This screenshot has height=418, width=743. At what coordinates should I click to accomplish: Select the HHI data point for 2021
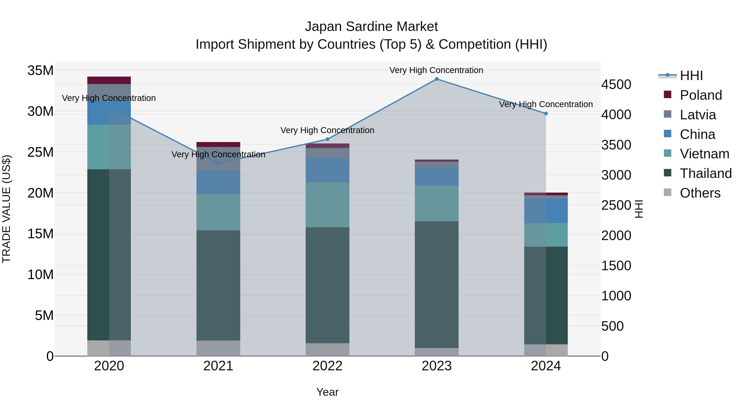218,163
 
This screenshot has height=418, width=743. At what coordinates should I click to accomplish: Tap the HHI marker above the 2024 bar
546,114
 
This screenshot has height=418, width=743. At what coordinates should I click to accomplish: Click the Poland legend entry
701,95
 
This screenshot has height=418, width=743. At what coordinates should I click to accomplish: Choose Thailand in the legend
705,173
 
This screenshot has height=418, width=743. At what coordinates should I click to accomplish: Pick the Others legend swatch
667,192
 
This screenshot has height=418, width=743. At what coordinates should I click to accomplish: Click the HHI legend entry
691,76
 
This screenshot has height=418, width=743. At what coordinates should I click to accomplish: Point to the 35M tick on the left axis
40,70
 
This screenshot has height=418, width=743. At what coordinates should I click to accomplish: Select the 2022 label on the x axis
327,366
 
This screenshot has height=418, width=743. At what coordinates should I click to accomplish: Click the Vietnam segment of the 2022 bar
327,205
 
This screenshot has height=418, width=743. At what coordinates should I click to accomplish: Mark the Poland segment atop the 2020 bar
109,80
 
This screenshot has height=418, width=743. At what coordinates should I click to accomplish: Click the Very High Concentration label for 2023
436,70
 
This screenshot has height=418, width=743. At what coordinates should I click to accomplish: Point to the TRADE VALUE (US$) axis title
6,209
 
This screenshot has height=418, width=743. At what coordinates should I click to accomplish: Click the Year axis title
327,392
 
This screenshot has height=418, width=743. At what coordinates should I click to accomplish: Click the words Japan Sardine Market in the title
371,27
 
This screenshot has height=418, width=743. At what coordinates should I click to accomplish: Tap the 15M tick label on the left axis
40,234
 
